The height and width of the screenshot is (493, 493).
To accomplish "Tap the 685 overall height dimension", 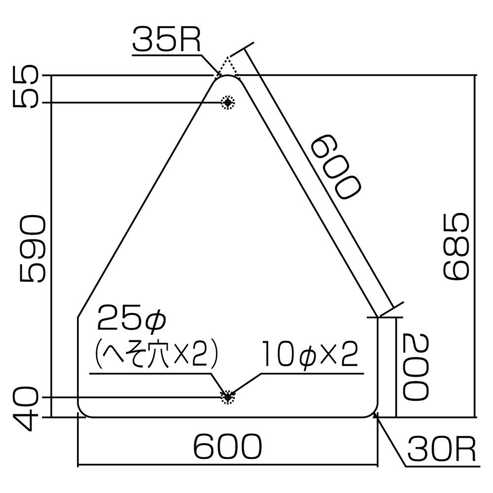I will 455,246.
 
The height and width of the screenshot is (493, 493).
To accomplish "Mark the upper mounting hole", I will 227,102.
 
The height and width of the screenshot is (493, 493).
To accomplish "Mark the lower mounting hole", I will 227,397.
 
